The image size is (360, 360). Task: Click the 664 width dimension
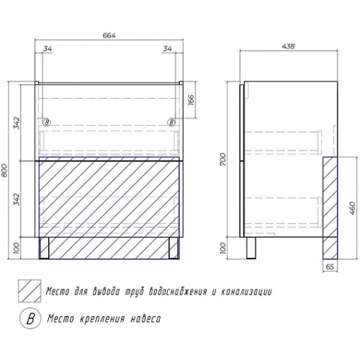click(109, 35)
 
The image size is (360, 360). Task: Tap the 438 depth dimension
click(288, 46)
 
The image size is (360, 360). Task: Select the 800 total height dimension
click(5, 171)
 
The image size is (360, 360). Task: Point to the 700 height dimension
click(222, 159)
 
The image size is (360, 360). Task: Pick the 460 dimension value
click(351, 208)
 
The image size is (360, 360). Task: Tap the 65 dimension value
click(330, 267)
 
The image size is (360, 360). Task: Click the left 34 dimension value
click(48, 48)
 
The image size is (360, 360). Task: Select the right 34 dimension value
click(167, 48)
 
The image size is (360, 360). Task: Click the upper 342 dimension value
click(17, 123)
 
